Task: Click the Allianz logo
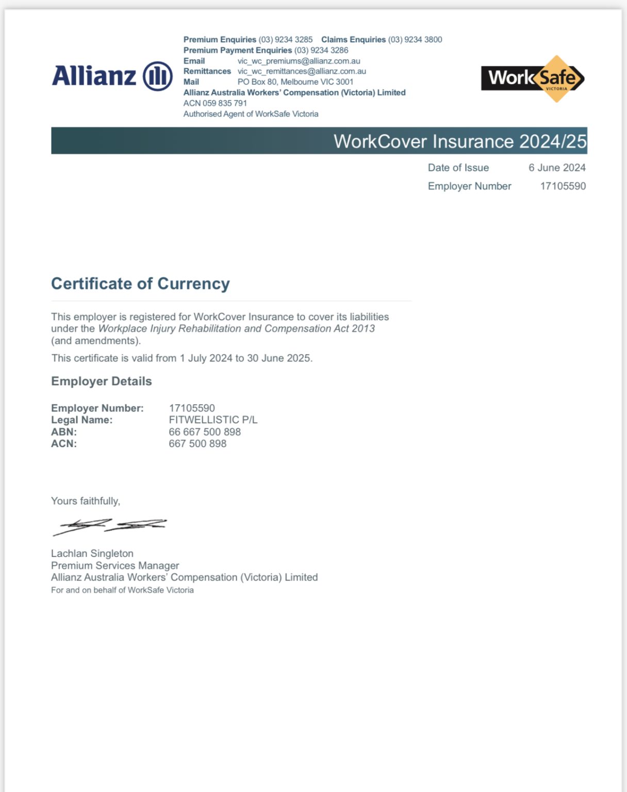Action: point(112,76)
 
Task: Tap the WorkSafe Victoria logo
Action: point(533,78)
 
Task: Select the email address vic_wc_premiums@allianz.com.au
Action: point(299,61)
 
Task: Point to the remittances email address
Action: point(302,71)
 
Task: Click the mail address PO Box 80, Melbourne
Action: point(295,82)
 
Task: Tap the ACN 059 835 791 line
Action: point(215,103)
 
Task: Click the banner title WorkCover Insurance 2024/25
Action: point(459,141)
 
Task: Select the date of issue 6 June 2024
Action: point(557,168)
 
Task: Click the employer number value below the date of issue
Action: point(563,186)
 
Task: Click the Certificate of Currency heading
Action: point(140,284)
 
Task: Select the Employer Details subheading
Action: point(102,381)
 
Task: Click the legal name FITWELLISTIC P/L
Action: point(213,420)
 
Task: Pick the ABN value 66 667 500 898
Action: point(205,432)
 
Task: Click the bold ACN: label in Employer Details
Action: point(64,444)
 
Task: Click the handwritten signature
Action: point(109,526)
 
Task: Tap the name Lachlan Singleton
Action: point(92,553)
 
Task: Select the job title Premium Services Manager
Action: point(115,566)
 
